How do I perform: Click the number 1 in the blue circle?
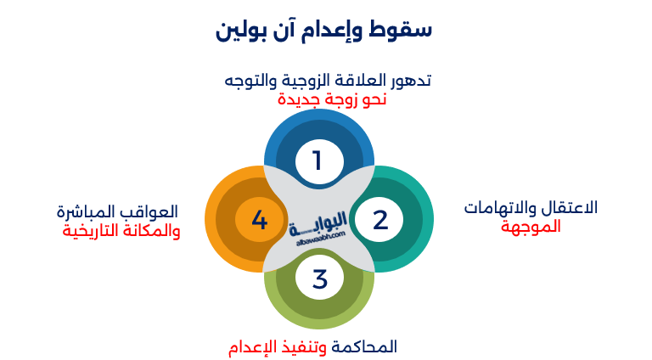(318, 160)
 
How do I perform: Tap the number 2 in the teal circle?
(380, 220)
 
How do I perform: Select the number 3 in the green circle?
(320, 279)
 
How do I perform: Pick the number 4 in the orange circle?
(260, 221)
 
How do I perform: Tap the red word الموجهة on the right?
(531, 227)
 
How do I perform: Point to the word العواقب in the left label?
(153, 211)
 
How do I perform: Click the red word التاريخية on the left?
(91, 231)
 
